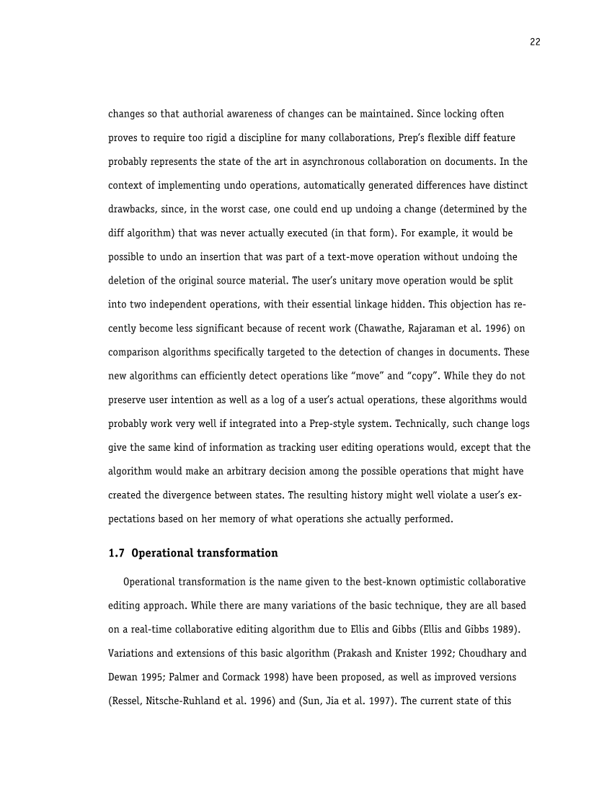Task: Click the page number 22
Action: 535,42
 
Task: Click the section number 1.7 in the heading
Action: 116,554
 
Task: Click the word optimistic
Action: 427,582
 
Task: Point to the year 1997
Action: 366,701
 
